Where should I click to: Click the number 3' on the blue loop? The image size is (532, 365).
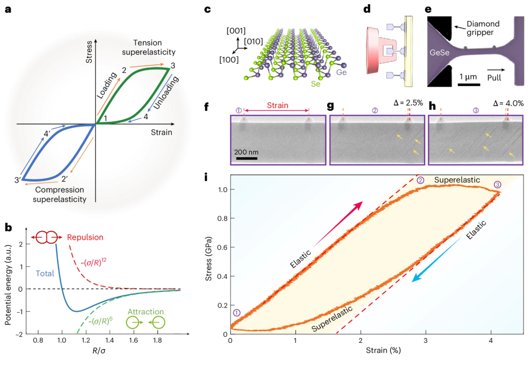17,181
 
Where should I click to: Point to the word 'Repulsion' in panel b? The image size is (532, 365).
85,237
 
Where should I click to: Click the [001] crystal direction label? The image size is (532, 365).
235,31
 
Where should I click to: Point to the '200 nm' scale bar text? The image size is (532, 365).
245,151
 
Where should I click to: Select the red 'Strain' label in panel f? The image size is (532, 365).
277,105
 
